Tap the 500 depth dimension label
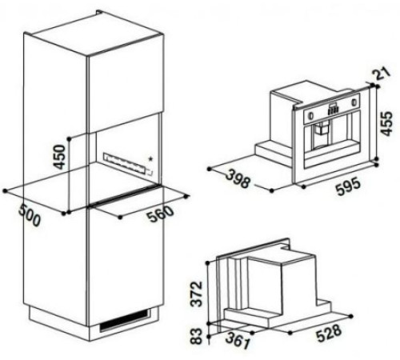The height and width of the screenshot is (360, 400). pyautogui.click(x=29, y=216)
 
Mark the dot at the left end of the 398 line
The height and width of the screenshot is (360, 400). pyautogui.click(x=208, y=168)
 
